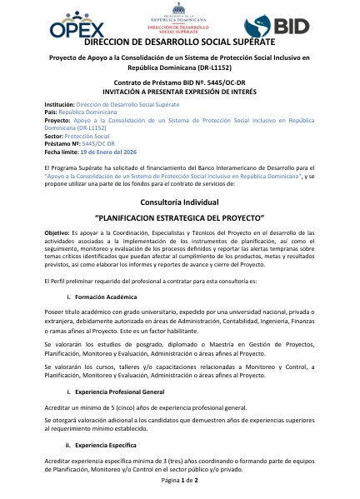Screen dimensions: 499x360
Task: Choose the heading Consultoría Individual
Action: (x=179, y=201)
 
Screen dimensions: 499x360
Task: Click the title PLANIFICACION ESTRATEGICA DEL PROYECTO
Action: (x=179, y=217)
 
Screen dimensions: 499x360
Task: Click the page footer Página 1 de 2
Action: (x=179, y=481)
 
